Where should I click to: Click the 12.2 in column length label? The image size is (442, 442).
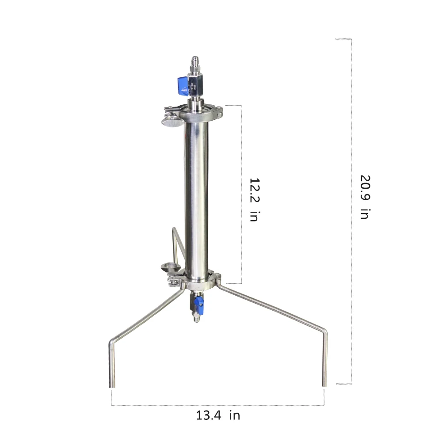[x=254, y=199]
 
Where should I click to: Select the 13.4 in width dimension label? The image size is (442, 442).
[x=218, y=415]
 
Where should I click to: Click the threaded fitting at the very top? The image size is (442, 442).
[x=194, y=61]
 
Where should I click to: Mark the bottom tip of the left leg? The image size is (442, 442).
[x=112, y=385]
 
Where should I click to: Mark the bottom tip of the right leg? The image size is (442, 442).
[x=325, y=385]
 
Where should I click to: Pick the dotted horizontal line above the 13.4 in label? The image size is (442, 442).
[x=218, y=405]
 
